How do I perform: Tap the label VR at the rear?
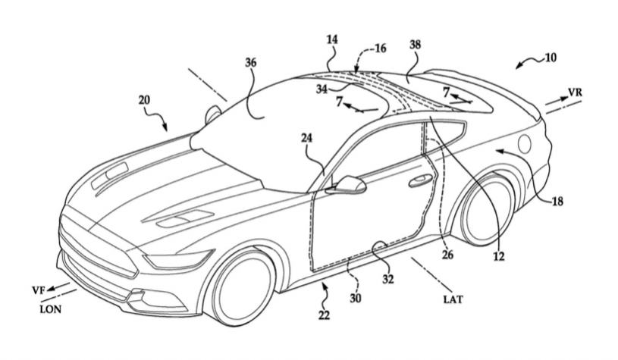point(577,92)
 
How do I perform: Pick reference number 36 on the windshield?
point(251,65)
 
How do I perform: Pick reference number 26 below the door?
point(447,255)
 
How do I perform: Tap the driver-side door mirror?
point(346,184)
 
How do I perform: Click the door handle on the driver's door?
point(416,182)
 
